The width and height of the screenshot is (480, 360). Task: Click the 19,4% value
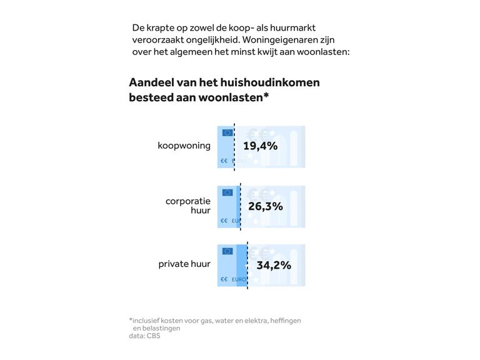260,146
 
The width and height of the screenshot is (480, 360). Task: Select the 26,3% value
266,206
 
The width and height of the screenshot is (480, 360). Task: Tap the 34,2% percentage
274,265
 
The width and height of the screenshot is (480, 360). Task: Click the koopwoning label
184,146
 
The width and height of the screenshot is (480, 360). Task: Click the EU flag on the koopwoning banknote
227,132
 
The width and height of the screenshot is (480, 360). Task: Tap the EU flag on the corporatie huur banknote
227,192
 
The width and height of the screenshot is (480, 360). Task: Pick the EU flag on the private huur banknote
227,251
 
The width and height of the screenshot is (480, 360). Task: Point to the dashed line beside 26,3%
241,206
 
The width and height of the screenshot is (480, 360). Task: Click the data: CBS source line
144,336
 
